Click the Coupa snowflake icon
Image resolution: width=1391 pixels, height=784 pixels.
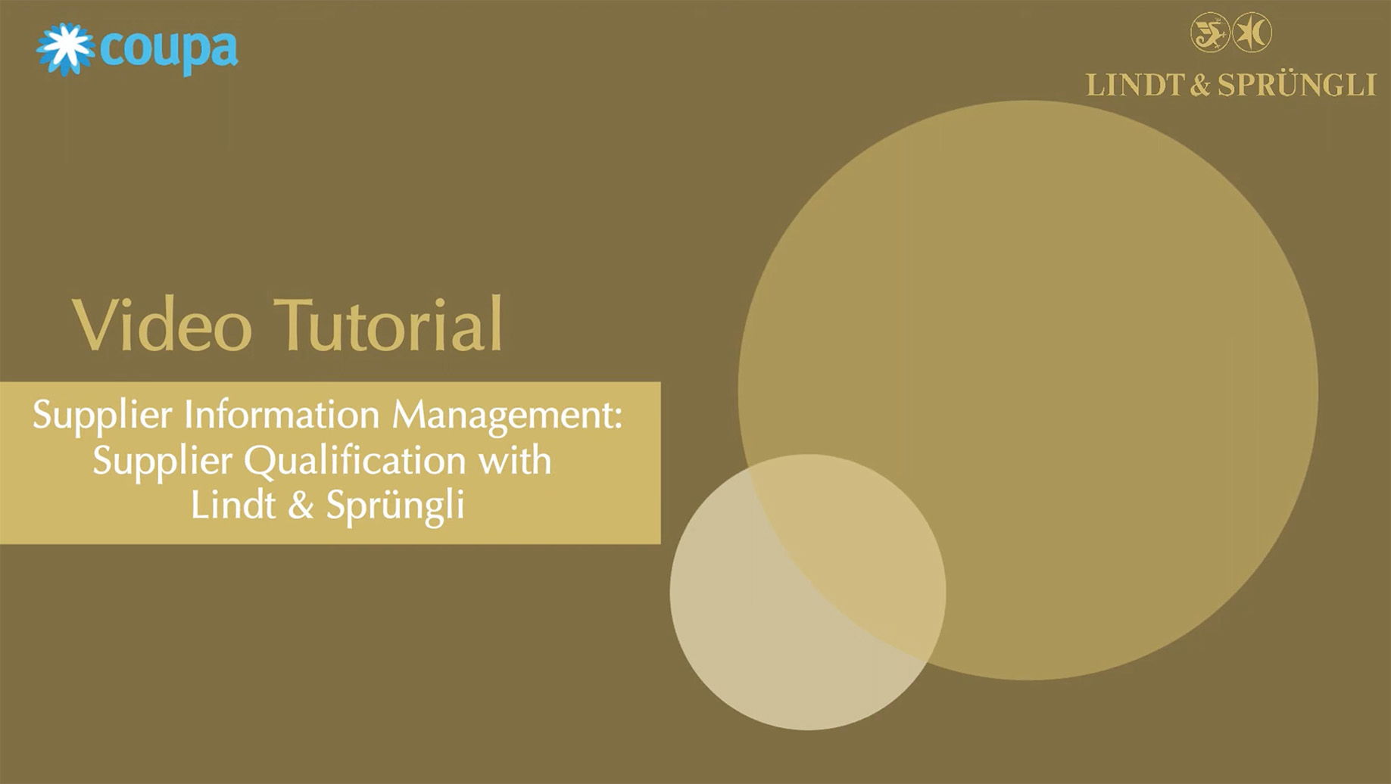65,49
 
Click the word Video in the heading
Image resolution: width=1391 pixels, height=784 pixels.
162,325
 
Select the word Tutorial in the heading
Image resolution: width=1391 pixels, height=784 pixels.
388,324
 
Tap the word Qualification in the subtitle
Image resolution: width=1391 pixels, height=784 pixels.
355,461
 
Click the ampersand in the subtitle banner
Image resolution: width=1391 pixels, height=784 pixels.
301,506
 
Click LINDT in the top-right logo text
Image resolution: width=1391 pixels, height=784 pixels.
1135,85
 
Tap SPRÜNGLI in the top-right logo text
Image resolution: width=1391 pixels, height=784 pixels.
1297,85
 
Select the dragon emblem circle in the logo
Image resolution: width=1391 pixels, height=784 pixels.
1210,33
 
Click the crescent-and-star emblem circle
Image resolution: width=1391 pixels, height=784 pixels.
1252,33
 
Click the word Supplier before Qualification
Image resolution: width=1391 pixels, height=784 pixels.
162,461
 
